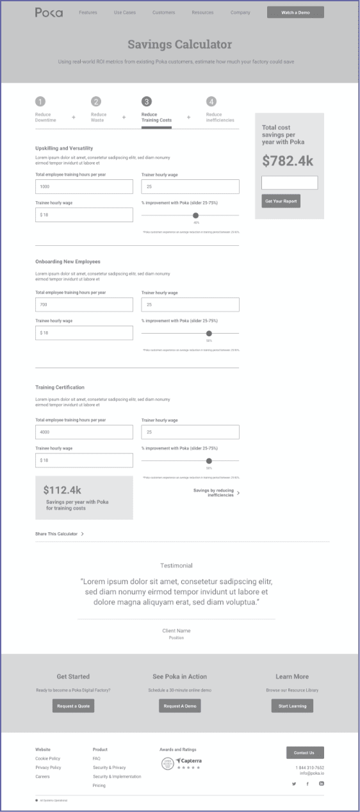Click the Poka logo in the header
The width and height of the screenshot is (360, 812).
tap(49, 12)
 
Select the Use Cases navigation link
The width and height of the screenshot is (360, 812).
tap(124, 12)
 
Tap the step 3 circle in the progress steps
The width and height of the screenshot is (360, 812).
tap(147, 101)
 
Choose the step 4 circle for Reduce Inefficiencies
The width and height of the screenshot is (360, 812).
tap(211, 101)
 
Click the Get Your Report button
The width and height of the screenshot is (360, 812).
tap(281, 201)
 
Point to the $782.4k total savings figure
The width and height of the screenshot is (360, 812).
tap(288, 161)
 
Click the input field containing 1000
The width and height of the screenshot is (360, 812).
tap(84, 186)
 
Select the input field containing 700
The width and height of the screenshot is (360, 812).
tap(84, 304)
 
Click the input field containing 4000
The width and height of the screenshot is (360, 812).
tap(84, 432)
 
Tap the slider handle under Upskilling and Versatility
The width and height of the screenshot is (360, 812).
tap(196, 215)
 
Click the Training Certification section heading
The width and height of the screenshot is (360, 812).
tap(60, 387)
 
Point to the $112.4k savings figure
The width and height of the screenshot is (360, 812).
tap(63, 490)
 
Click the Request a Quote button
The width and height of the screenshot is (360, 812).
tap(74, 706)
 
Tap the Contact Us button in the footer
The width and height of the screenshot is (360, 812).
tap(305, 752)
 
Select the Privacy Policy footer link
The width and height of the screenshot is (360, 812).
tap(48, 767)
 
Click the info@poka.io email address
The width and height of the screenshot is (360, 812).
tap(311, 773)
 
